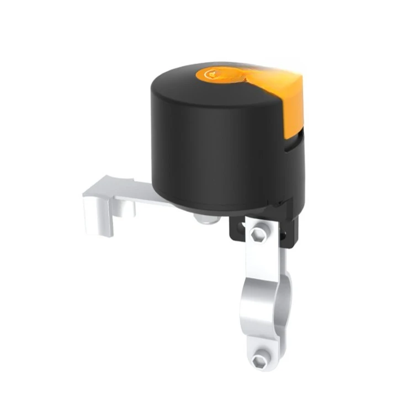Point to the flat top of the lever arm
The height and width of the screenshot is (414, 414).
138,190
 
